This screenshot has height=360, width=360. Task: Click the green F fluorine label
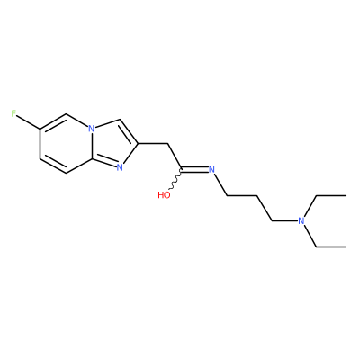[x=13, y=113]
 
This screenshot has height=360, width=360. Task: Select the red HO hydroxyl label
[x=164, y=195]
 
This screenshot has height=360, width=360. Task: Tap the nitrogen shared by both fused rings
[x=92, y=129]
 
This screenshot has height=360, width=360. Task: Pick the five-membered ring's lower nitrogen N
[x=120, y=167]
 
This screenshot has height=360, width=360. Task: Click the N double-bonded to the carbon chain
[x=211, y=169]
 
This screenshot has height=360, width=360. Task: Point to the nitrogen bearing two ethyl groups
[x=301, y=221]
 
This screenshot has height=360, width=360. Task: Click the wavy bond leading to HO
[x=175, y=180]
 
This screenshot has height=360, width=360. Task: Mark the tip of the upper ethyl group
[x=346, y=195]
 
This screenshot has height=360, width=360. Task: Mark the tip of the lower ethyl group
[x=346, y=247]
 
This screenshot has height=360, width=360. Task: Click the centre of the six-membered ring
[x=66, y=144]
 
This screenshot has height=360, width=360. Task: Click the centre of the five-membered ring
[x=112, y=143]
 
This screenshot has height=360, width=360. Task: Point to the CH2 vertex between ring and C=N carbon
[x=166, y=144]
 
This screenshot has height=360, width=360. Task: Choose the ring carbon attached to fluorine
[x=40, y=129]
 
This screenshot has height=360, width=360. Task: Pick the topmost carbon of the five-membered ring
[x=120, y=120]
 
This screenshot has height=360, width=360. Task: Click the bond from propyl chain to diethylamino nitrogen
[x=285, y=221]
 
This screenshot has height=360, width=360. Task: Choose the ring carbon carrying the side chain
[x=138, y=144]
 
